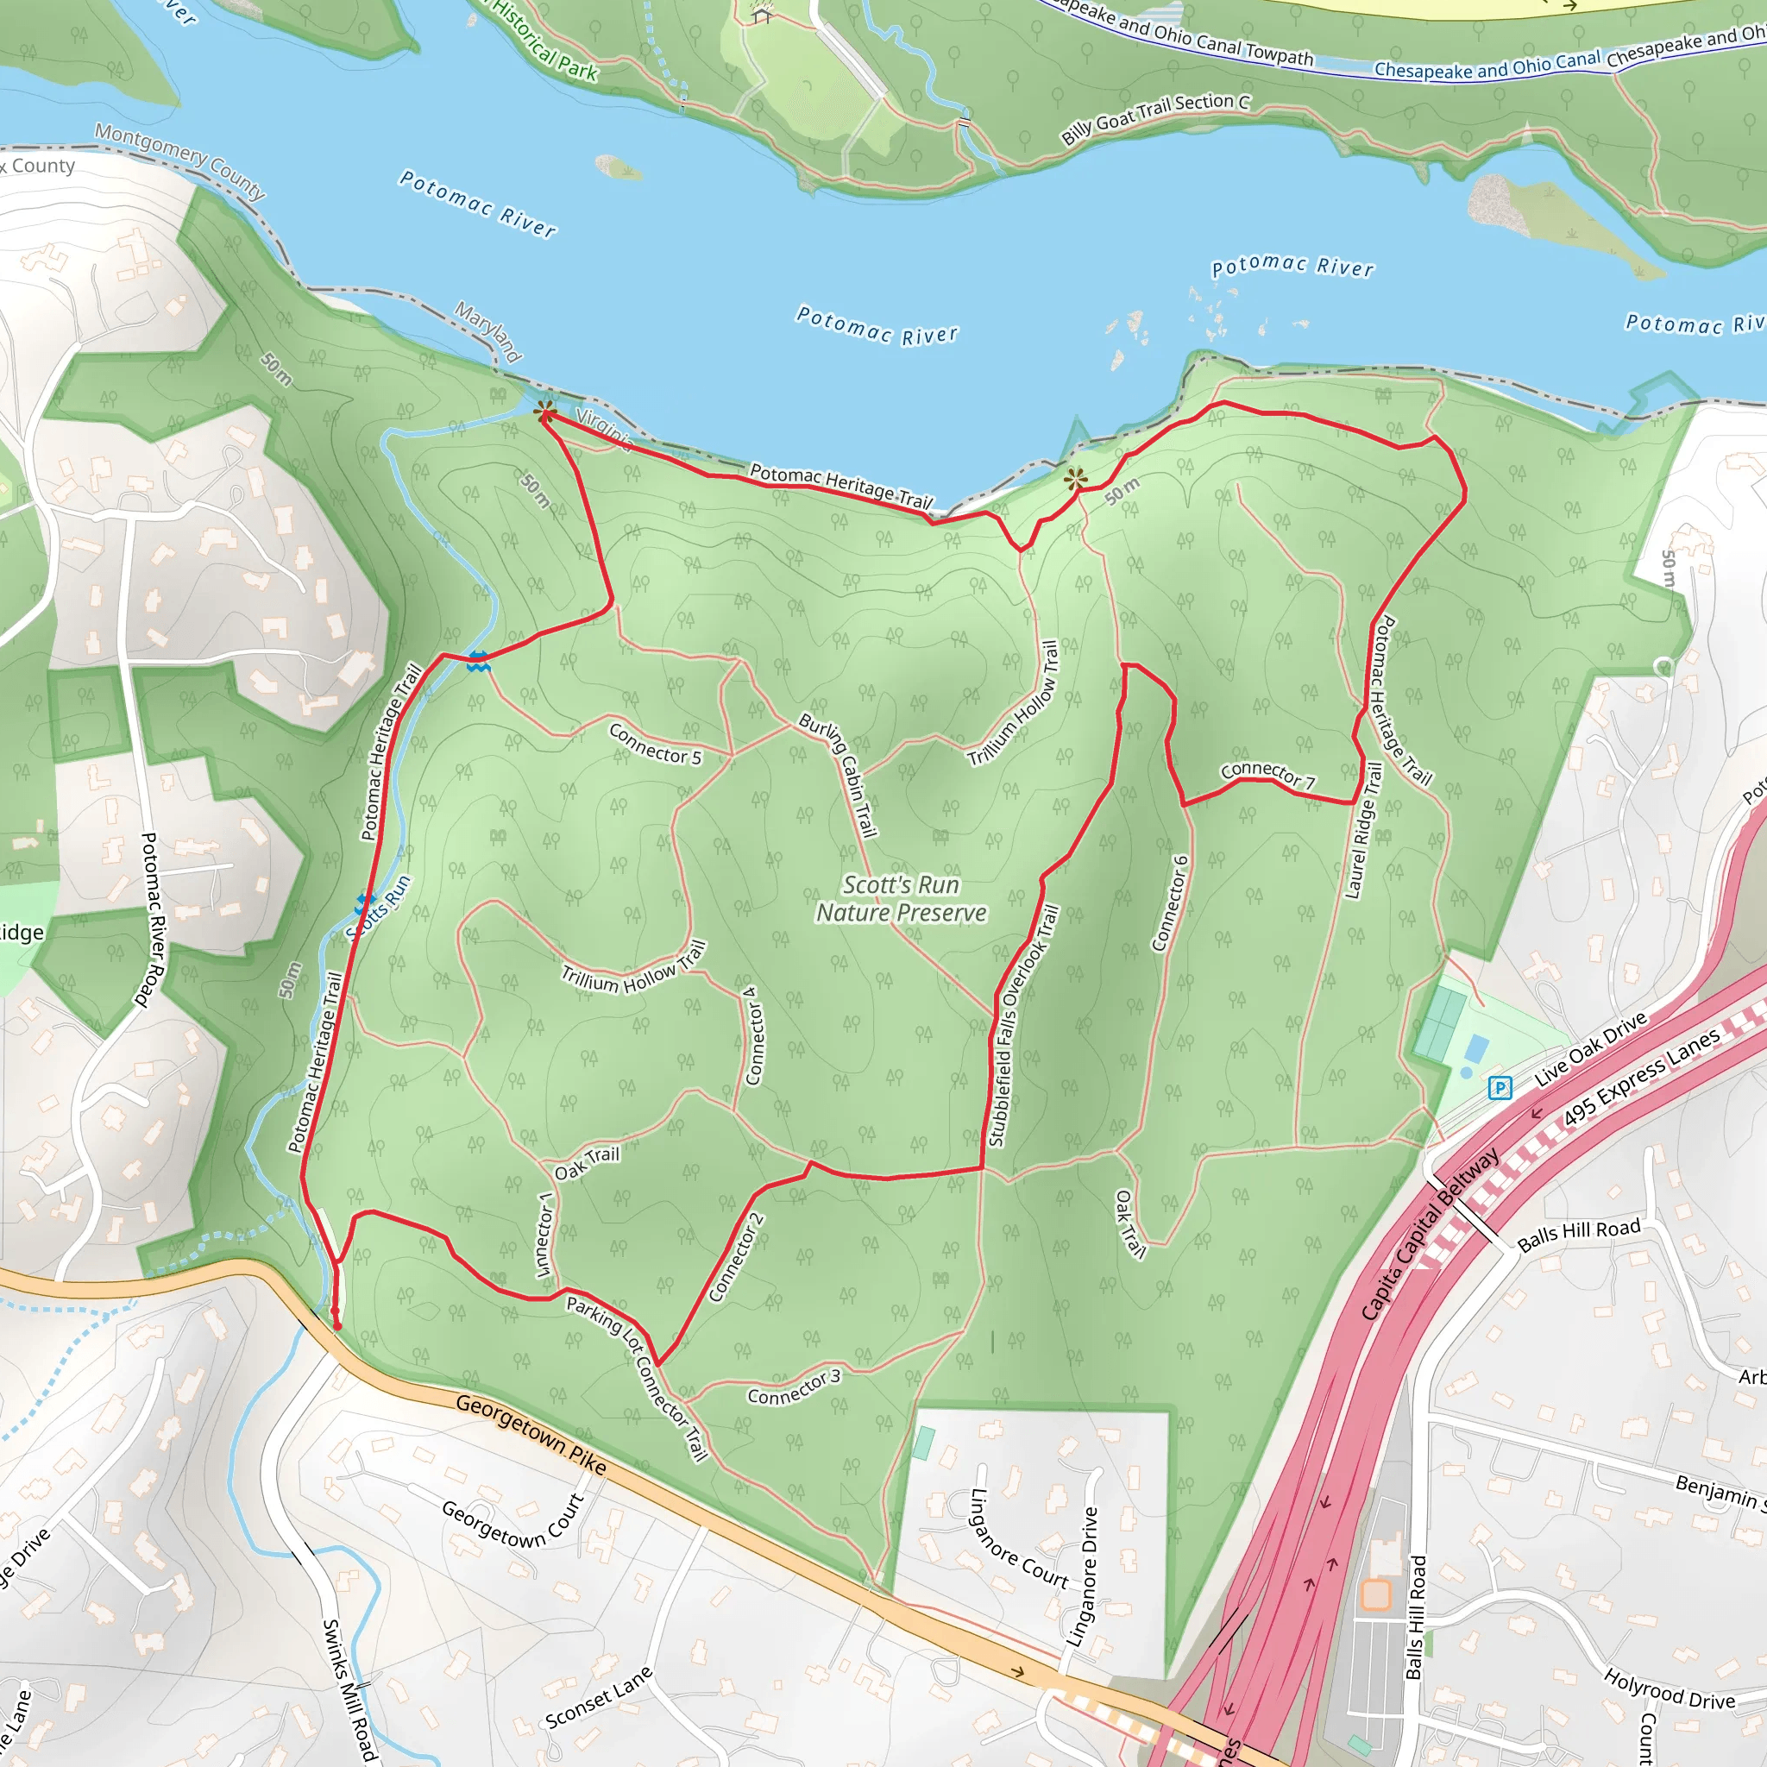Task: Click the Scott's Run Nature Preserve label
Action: point(901,899)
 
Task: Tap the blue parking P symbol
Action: point(1500,1087)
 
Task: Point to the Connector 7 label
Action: point(1267,774)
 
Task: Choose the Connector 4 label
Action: point(751,1035)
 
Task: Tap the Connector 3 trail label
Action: point(793,1387)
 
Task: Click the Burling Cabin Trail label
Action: point(839,774)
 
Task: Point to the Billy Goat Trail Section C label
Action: point(1155,118)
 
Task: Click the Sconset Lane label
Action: point(599,1696)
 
